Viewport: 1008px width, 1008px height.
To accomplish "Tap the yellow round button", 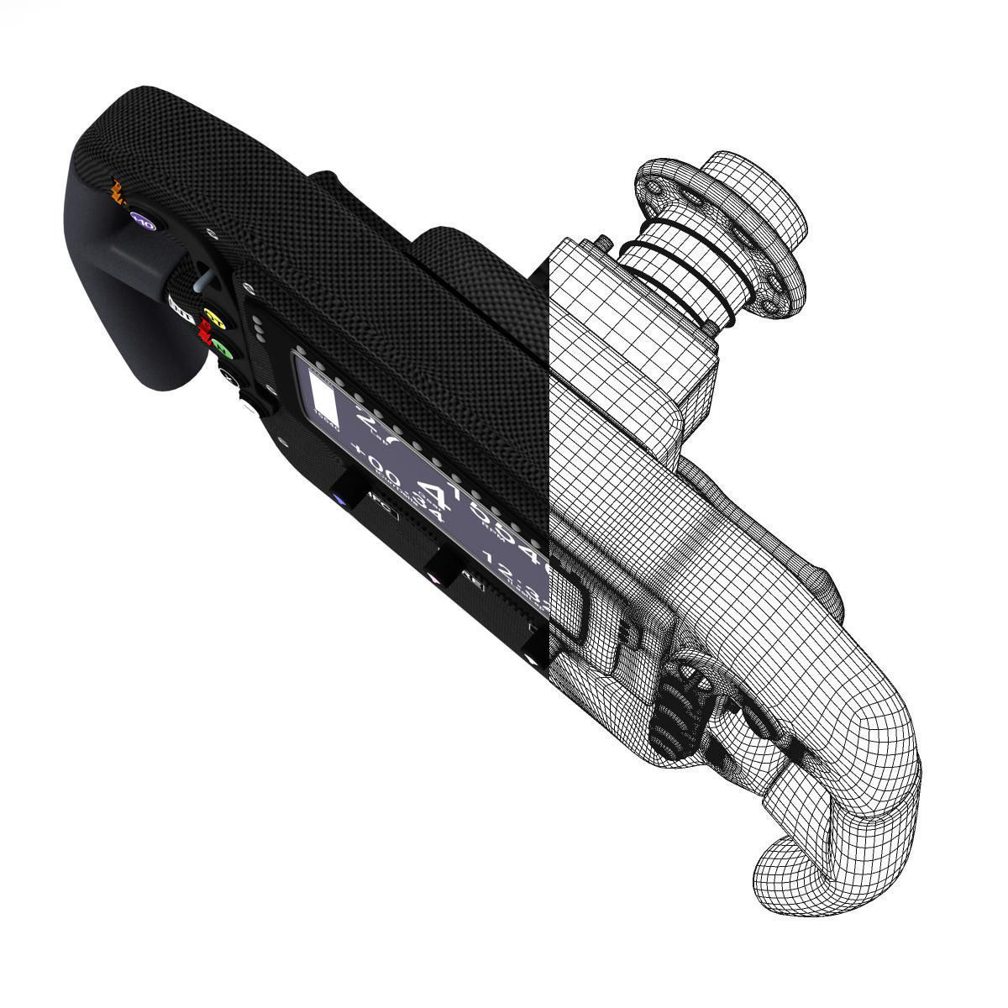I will point(214,320).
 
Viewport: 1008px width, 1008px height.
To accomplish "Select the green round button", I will point(220,345).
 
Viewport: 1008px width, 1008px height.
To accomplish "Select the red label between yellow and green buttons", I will point(202,334).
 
